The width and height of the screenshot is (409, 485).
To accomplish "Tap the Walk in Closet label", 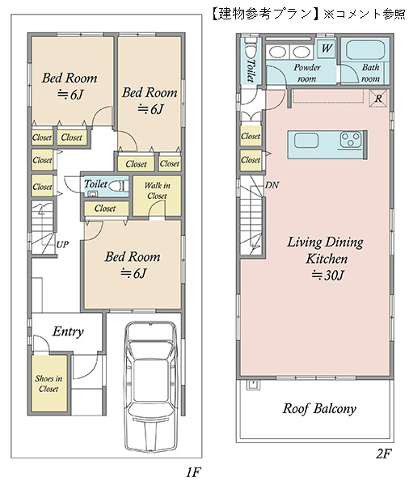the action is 157,191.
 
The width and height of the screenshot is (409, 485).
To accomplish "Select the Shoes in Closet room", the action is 49,383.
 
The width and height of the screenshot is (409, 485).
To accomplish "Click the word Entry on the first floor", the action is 68,331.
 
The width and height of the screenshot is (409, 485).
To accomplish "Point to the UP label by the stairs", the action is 62,244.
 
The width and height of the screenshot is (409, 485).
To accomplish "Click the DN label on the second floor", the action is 272,185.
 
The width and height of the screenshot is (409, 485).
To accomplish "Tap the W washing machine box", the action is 327,48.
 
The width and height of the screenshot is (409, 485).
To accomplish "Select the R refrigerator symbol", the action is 378,99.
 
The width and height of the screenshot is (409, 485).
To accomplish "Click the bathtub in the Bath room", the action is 365,50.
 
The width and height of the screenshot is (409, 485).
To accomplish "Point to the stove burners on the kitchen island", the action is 351,139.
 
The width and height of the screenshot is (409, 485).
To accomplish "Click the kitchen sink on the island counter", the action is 306,141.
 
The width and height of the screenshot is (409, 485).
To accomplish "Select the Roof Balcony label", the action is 319,408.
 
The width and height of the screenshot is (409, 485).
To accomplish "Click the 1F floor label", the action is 193,472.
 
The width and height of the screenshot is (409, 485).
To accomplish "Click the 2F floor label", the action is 384,453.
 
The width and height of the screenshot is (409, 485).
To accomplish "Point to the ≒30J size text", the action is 327,275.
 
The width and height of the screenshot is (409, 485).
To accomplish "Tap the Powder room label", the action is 307,73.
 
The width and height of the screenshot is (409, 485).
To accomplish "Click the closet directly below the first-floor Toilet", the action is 105,209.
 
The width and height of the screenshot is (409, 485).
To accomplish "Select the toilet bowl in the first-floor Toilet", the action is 117,186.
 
